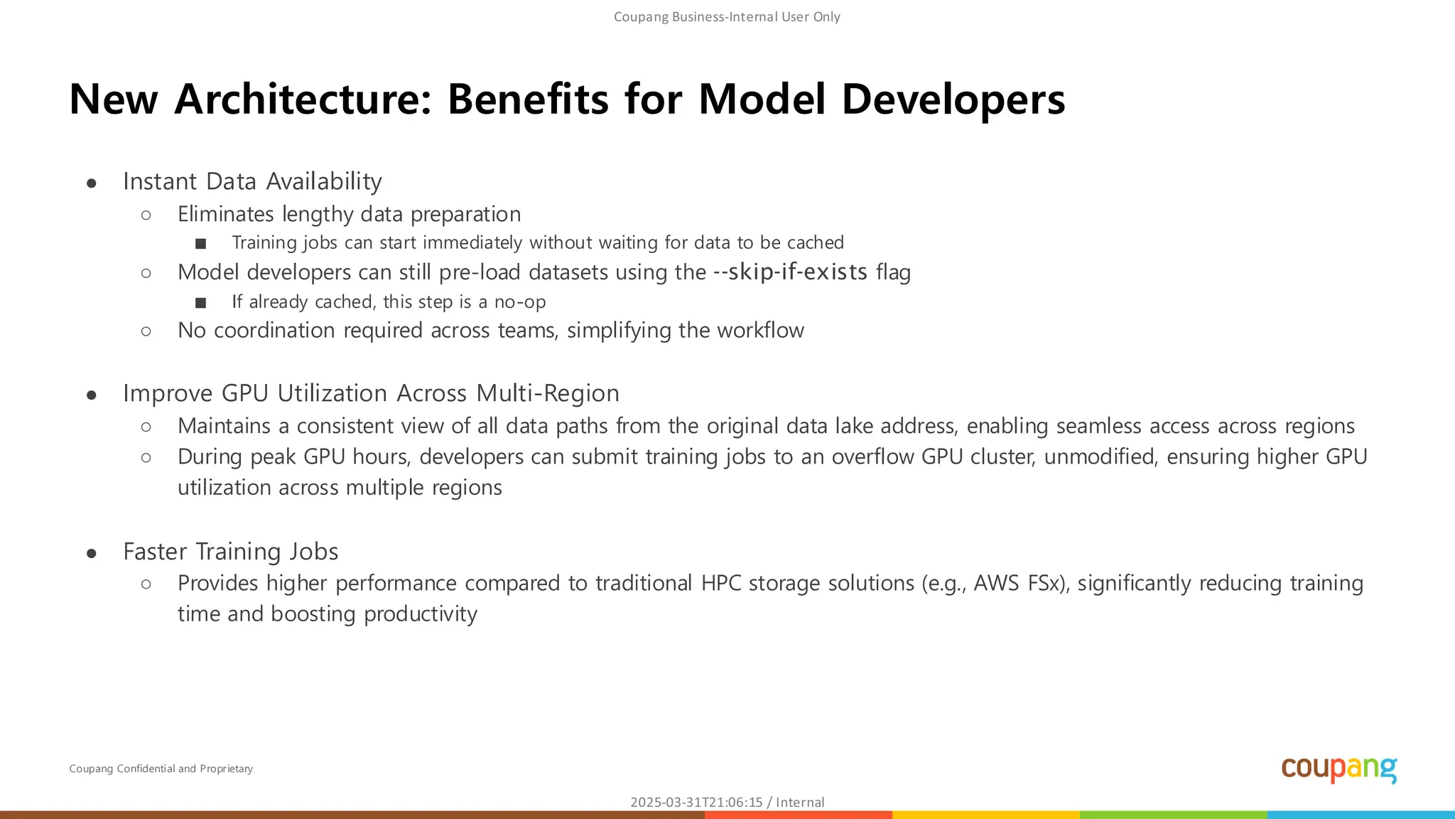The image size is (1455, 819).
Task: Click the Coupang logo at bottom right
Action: [1338, 769]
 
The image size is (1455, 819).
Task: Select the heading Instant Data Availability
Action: [252, 181]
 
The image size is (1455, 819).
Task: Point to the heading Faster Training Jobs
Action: [230, 552]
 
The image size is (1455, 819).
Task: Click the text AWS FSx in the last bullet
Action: [1019, 583]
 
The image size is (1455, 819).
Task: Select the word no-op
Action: [520, 301]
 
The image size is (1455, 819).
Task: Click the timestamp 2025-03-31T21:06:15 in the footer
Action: [696, 802]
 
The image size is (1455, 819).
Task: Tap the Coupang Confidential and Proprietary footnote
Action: [161, 769]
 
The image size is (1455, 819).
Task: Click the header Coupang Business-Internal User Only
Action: [727, 17]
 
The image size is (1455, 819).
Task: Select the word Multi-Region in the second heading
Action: [547, 393]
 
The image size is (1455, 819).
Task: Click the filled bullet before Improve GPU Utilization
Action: [92, 395]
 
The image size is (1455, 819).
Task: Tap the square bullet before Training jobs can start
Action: [201, 244]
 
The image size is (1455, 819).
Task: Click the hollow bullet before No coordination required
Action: [146, 331]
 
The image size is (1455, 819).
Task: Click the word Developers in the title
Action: [953, 99]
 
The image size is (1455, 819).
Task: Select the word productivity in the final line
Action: [420, 614]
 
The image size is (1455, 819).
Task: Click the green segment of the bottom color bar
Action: [1172, 815]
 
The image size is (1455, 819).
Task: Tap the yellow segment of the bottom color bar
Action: [985, 815]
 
